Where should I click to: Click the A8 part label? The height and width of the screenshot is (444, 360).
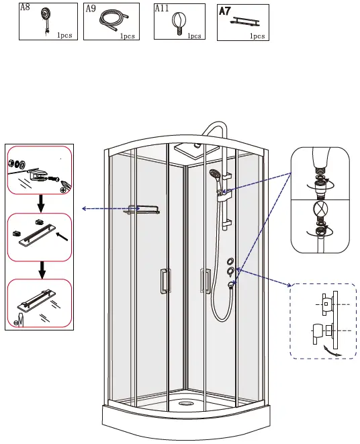pos(25,9)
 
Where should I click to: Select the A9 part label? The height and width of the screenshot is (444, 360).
pos(91,9)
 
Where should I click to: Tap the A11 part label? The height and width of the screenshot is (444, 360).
pos(161,9)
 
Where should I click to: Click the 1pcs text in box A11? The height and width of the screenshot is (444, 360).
pos(194,36)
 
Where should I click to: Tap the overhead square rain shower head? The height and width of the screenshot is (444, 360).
pos(191,147)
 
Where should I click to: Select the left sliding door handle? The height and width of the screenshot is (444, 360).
pos(163,281)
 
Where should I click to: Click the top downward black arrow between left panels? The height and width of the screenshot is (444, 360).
pos(41,203)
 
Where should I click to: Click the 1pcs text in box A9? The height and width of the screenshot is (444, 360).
pos(128,36)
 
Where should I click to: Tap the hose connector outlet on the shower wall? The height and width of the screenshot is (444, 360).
pos(230,284)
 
